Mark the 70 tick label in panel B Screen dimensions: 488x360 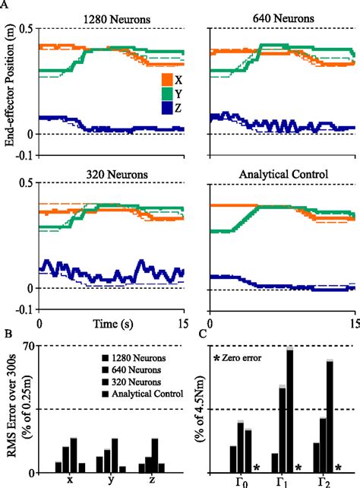tap(29, 347)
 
